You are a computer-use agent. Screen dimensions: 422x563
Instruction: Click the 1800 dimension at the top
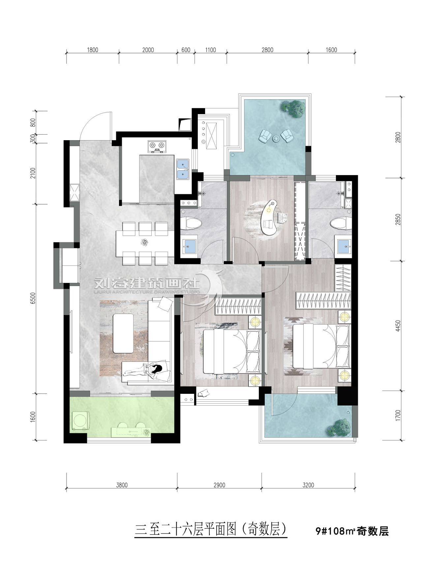(x=93, y=50)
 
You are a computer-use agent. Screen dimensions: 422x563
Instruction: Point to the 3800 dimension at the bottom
(x=122, y=485)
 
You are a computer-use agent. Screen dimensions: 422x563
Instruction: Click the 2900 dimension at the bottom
(x=219, y=485)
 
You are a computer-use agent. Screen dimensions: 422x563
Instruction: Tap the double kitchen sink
(x=182, y=169)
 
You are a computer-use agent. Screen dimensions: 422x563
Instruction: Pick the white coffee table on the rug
(x=123, y=333)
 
